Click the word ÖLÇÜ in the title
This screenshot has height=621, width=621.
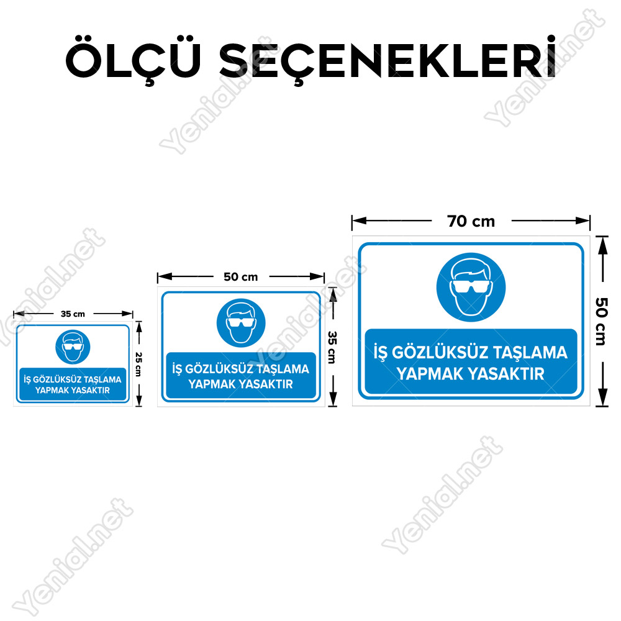(x=133, y=60)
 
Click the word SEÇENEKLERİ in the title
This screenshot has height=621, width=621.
(x=388, y=60)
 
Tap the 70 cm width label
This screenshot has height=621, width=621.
(x=471, y=222)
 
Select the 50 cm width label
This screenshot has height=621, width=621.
(x=240, y=277)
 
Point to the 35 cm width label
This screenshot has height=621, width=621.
(x=73, y=314)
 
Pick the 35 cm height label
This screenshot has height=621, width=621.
(x=332, y=347)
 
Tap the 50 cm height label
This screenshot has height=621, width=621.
(x=601, y=322)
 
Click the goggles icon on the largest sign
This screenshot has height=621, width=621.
(x=471, y=287)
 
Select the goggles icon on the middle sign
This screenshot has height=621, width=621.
(x=241, y=323)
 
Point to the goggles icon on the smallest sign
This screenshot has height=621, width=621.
(x=73, y=347)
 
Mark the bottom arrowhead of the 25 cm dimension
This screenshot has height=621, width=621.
(x=138, y=401)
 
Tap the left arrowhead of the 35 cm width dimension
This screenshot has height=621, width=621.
(x=18, y=314)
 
